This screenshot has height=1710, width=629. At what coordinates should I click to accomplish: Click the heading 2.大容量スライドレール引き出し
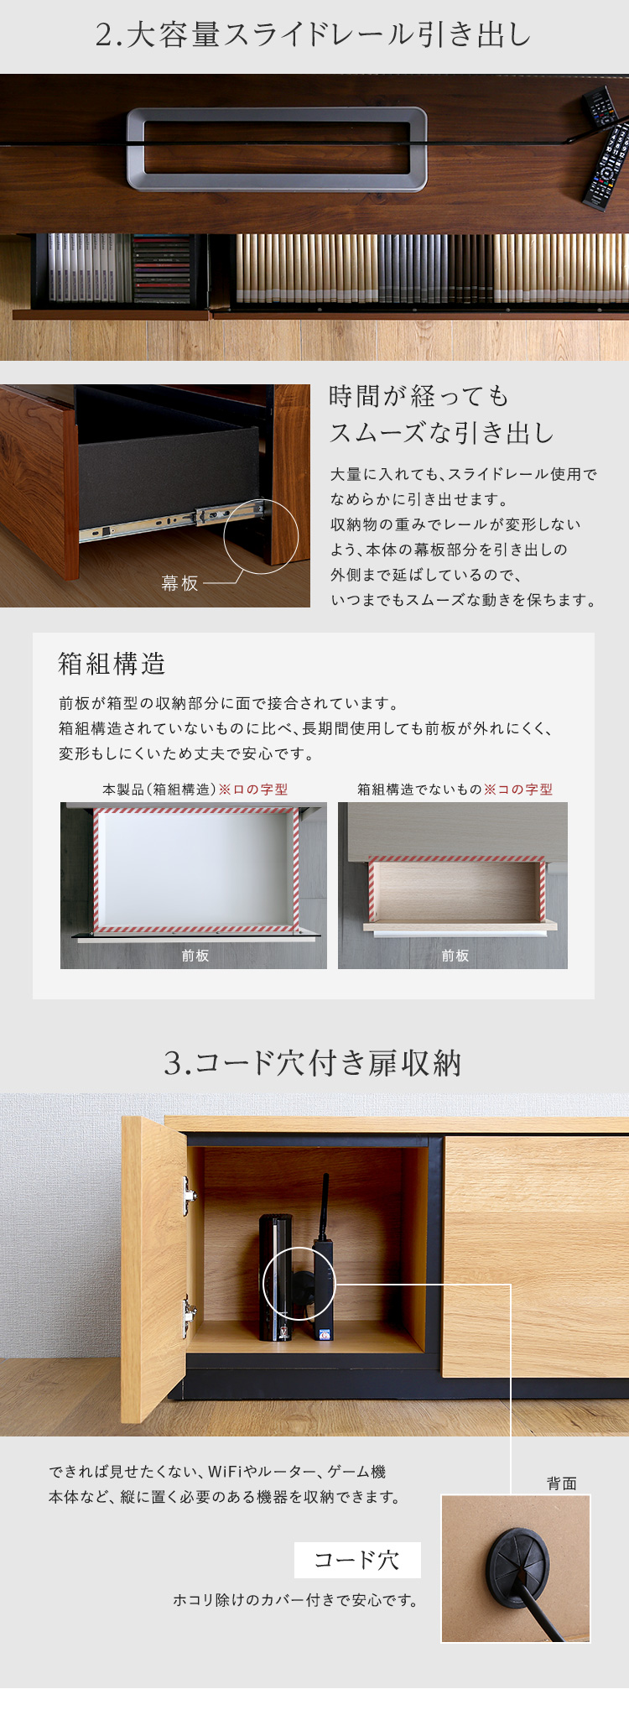click(314, 35)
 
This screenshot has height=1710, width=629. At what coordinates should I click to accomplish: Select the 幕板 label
click(179, 583)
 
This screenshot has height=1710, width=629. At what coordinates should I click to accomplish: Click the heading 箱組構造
click(112, 664)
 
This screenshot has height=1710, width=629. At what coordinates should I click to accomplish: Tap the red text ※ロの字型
click(253, 790)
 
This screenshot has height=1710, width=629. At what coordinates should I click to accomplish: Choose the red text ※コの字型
click(518, 790)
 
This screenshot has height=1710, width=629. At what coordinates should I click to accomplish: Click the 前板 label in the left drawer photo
click(195, 956)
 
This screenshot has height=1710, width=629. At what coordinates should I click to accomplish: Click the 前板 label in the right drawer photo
click(455, 956)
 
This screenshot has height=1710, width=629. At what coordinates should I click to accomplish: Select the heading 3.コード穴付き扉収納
click(313, 1063)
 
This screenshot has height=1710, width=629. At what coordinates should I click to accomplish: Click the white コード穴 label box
click(357, 1560)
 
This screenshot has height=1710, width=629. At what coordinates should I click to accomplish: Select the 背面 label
click(561, 1483)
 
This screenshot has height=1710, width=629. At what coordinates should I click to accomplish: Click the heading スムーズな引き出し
click(441, 433)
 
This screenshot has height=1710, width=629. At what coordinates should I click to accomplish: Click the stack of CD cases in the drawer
click(162, 268)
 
